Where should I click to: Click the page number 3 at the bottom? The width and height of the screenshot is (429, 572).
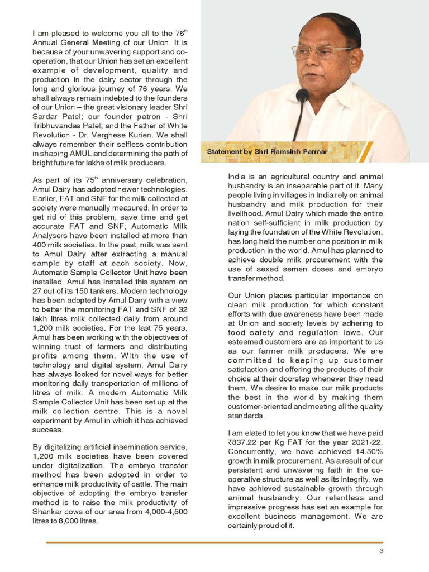click(381, 552)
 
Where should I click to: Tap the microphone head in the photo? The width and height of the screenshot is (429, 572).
click(303, 96)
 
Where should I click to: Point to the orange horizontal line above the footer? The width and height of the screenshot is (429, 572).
click(214, 542)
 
